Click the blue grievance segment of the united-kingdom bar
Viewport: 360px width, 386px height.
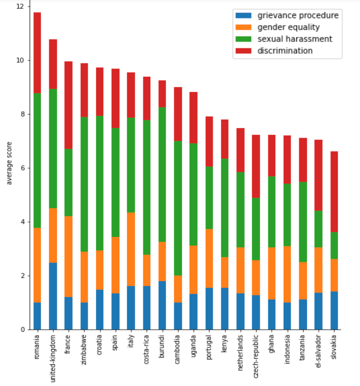pyautogui.click(x=53, y=296)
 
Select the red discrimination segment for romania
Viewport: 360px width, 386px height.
pyautogui.click(x=37, y=53)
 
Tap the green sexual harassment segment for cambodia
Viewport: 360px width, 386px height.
pyautogui.click(x=178, y=208)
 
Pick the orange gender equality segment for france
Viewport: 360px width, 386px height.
pyautogui.click(x=68, y=256)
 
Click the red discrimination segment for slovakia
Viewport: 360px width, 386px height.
pyautogui.click(x=334, y=192)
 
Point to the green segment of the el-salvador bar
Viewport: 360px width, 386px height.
pyautogui.click(x=318, y=229)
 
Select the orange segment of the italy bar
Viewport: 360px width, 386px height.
pyautogui.click(x=131, y=249)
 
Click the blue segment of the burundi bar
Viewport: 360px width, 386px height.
pyautogui.click(x=162, y=305)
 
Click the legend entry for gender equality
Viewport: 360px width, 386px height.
pyautogui.click(x=288, y=27)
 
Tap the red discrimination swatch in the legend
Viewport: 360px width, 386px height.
pyautogui.click(x=243, y=51)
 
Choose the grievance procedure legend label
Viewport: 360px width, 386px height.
pyautogui.click(x=298, y=15)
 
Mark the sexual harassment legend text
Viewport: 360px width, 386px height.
pyautogui.click(x=294, y=39)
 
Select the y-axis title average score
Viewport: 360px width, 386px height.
pyautogui.click(x=9, y=163)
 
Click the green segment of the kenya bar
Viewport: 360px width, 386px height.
pyautogui.click(x=225, y=208)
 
